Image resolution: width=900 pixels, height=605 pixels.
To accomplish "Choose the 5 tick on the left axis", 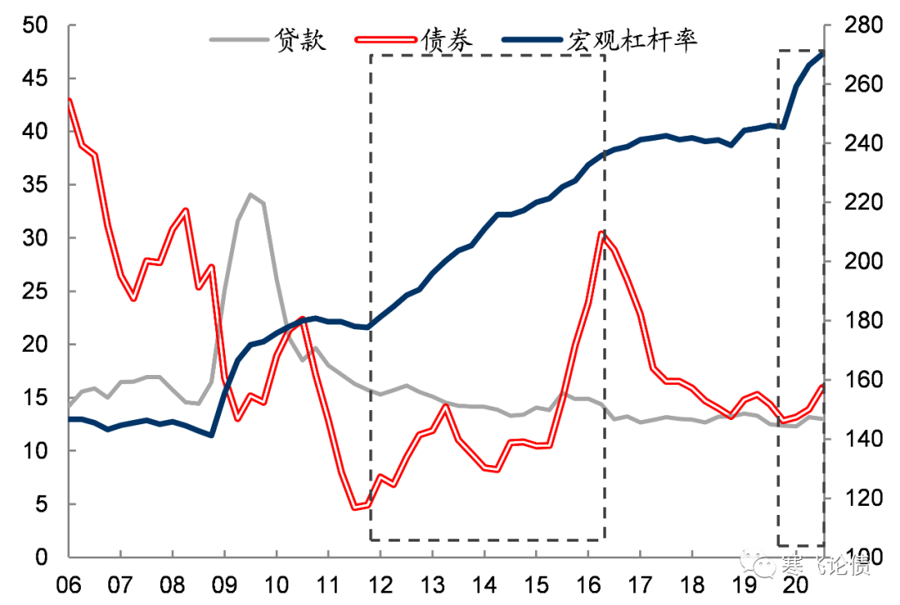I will point(47,504).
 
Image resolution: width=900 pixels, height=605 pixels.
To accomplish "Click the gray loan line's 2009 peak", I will point(250,195).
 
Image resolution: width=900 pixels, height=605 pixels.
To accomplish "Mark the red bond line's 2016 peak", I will point(602,232).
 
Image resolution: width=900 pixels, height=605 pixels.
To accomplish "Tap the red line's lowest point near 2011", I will point(356,507).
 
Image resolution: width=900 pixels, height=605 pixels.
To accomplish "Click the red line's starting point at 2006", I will point(69,100).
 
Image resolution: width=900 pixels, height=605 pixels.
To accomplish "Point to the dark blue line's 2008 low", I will point(212,435).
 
